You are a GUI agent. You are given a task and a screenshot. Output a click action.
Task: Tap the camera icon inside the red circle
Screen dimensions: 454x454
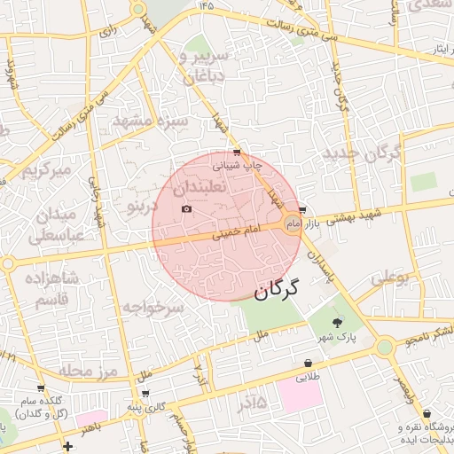186,209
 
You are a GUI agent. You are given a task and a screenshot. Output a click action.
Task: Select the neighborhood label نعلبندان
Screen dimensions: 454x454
201,188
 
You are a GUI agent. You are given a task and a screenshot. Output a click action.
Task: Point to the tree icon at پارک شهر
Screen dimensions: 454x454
336,322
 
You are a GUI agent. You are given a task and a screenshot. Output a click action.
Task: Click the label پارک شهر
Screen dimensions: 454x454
338,338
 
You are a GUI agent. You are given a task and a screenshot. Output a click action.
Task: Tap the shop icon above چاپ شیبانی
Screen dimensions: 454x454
236,153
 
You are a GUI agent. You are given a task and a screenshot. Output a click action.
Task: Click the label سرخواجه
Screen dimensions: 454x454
153,308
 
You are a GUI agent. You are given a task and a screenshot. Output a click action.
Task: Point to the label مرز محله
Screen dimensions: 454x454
89,370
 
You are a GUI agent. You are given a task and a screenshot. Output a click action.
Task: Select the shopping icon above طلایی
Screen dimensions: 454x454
308,363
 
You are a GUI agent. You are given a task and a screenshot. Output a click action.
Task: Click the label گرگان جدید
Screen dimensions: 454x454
362,153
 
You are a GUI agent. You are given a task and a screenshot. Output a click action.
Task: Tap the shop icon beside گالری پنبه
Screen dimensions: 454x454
145,393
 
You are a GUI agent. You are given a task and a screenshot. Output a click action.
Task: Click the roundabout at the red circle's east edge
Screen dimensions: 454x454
292,223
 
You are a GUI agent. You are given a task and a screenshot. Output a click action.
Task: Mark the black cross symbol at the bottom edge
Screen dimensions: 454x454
68,446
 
